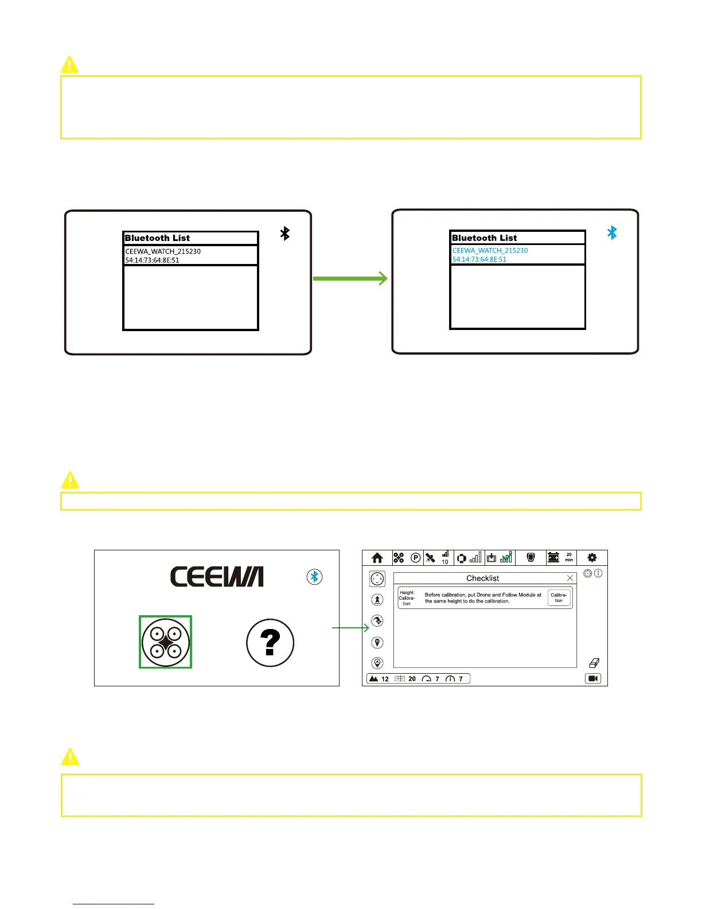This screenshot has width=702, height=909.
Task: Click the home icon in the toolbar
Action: coord(377,558)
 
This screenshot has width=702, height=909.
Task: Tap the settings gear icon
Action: coord(592,557)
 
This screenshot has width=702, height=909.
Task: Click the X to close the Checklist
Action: coord(570,578)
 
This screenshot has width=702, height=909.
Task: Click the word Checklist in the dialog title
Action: coord(482,578)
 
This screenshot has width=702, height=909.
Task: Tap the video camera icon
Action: coord(593,679)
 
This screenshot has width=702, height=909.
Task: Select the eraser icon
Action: coord(594,663)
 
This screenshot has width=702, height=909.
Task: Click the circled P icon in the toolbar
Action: coord(416,558)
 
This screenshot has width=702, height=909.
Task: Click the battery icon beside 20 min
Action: coord(553,557)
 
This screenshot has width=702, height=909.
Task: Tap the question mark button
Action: coord(270,643)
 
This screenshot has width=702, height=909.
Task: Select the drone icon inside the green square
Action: coord(165,642)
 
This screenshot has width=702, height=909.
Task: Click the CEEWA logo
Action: coord(217,576)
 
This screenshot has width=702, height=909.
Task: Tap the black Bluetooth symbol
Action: coord(285,234)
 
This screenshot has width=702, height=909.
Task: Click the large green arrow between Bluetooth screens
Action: coord(350,279)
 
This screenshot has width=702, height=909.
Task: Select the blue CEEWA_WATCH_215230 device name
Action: coord(490,251)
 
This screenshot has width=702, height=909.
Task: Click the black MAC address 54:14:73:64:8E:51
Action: coord(152,261)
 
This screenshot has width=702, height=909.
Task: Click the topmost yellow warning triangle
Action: coord(69,64)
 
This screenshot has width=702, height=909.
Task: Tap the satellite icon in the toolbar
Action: coord(431,558)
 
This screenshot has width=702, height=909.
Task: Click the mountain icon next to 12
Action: coord(373,679)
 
